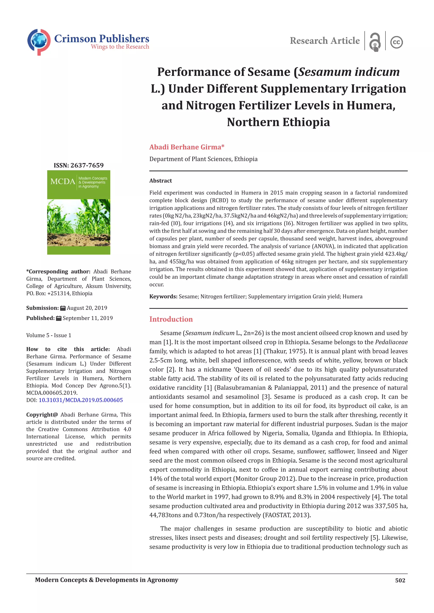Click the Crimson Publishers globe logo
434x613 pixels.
click(39, 42)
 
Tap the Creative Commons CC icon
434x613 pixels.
click(396, 42)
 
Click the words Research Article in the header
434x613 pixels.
click(325, 41)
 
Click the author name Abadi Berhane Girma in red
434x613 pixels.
click(186, 147)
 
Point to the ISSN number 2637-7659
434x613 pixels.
click(87, 165)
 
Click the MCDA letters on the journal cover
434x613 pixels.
click(63, 182)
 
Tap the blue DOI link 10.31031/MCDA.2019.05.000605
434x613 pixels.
click(81, 400)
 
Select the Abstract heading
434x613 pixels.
click(161, 181)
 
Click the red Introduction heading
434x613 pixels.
click(171, 319)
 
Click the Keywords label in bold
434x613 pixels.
click(163, 296)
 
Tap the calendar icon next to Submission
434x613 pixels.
click(63, 308)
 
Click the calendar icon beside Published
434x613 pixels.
click(58, 318)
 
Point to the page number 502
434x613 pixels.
click(400, 580)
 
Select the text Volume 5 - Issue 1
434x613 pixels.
click(49, 335)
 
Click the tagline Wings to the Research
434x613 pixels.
click(120, 47)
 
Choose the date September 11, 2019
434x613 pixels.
click(88, 318)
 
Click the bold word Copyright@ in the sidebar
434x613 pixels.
click(42, 415)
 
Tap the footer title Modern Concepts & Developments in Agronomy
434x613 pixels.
click(106, 580)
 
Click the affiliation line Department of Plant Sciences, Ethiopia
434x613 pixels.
click(203, 159)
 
